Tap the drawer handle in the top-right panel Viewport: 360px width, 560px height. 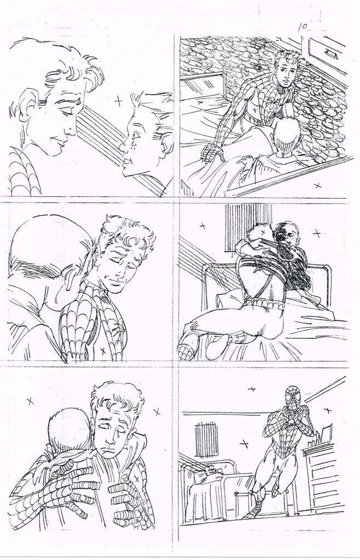[330, 54]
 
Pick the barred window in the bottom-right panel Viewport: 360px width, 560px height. [206, 439]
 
